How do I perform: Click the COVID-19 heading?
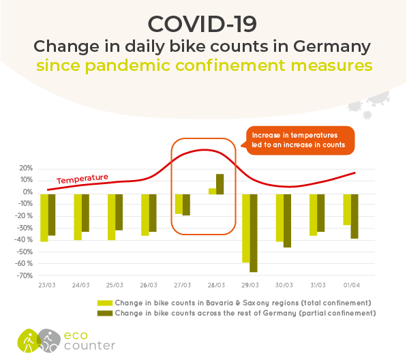click(202, 24)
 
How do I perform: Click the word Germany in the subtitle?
click(332, 47)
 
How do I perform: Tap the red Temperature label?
click(82, 179)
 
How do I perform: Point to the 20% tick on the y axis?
click(26, 168)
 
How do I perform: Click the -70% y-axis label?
click(25, 275)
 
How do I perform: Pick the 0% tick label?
click(27, 192)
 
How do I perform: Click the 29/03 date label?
click(250, 285)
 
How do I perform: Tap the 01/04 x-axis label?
click(352, 285)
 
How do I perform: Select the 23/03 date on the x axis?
click(47, 285)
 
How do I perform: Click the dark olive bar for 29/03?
click(254, 232)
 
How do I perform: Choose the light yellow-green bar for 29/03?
click(246, 228)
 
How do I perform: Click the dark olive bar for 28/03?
click(220, 184)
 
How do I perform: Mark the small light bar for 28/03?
click(212, 192)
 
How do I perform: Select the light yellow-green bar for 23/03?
click(44, 217)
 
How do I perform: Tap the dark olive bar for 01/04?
click(355, 216)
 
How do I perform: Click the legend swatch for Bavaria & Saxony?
click(105, 303)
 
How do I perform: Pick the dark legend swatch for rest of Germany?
click(105, 313)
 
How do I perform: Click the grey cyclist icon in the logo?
click(49, 341)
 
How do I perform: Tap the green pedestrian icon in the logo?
click(29, 341)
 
